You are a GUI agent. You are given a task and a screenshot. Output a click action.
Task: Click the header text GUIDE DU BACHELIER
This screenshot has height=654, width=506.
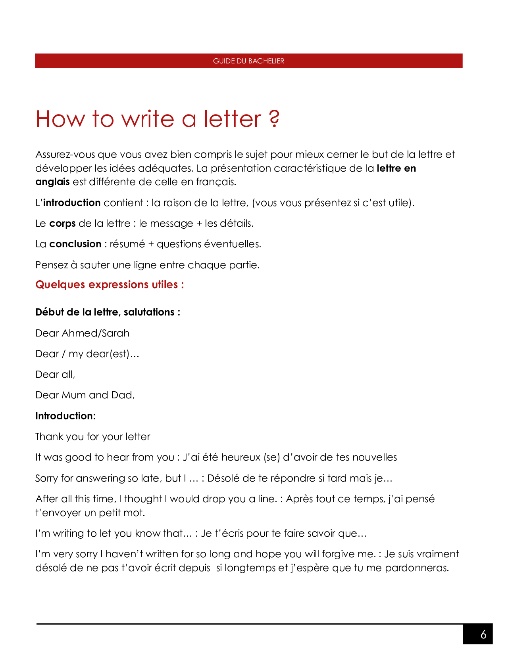tap(248, 61)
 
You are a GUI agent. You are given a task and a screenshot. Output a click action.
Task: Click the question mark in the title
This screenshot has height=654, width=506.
tap(274, 119)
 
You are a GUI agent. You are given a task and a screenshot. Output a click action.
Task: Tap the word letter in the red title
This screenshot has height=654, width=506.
tap(233, 119)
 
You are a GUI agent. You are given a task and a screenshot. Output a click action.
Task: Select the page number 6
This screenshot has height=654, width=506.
tap(483, 635)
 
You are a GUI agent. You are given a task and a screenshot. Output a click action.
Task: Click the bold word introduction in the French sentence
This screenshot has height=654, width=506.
tap(72, 203)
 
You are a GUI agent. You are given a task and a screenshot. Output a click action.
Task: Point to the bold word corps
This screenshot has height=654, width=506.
tap(62, 224)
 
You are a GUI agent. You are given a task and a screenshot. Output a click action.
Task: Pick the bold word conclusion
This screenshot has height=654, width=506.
tap(75, 244)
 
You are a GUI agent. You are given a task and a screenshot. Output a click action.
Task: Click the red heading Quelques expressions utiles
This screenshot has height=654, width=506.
tap(110, 285)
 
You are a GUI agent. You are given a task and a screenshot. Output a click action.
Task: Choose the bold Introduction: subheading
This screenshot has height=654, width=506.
tap(65, 416)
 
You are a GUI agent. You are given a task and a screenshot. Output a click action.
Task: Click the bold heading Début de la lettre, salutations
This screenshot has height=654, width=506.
tap(108, 312)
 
